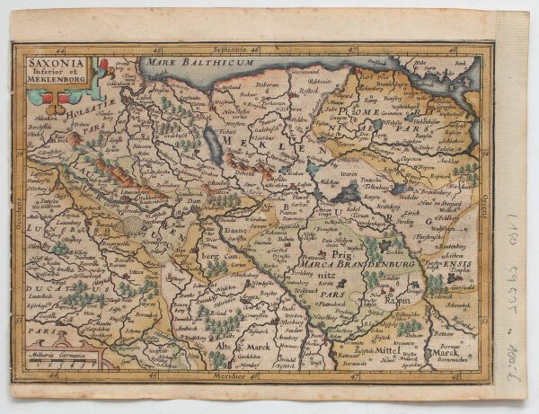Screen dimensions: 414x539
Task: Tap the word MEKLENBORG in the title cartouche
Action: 54,89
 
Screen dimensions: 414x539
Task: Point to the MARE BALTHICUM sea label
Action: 188,66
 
